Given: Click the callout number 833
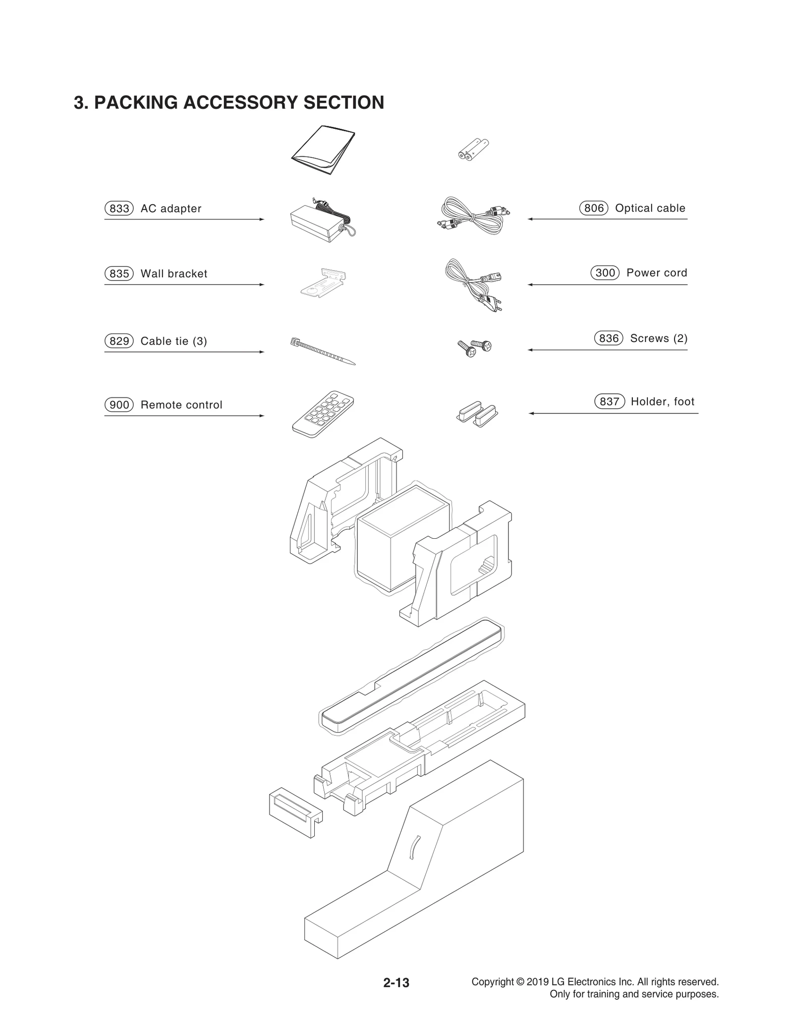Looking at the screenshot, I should point(119,209).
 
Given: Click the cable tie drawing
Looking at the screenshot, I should point(322,350).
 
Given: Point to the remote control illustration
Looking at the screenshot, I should point(323,414).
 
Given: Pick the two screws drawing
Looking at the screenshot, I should point(474,347).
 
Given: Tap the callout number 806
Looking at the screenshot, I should point(593,208).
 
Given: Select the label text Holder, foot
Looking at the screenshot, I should point(662,402).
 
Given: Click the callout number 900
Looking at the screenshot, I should point(119,405).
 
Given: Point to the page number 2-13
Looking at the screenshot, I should point(396,982).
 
